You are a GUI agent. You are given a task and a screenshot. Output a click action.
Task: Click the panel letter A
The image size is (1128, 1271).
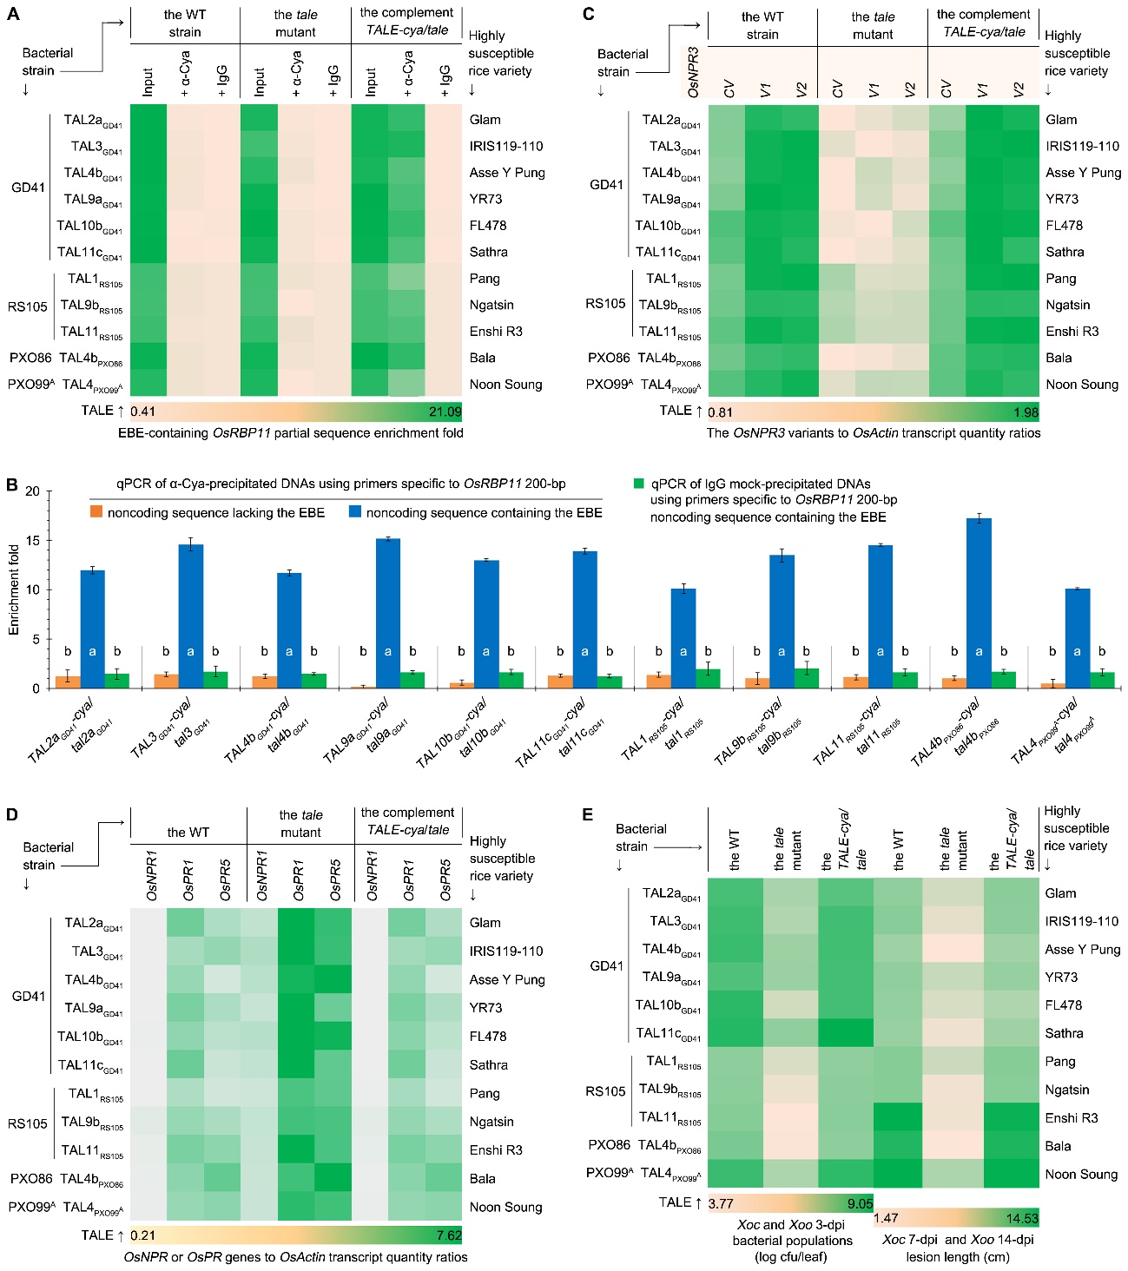click(x=13, y=14)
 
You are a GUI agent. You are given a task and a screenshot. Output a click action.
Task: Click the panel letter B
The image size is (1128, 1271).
click(x=12, y=484)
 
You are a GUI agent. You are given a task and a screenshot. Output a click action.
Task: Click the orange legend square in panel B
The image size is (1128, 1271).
click(x=96, y=513)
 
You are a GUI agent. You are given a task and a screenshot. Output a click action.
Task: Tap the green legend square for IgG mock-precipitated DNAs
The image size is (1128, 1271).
click(x=640, y=484)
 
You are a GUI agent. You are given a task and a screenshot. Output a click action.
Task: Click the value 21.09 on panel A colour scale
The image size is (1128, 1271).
click(x=445, y=412)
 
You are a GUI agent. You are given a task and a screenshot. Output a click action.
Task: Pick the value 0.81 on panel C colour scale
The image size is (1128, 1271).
click(x=721, y=412)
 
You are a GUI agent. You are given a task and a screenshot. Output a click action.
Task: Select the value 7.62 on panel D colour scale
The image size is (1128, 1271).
click(x=448, y=1235)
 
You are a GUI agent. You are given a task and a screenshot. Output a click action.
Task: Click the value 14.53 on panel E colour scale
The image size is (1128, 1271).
click(x=1022, y=1218)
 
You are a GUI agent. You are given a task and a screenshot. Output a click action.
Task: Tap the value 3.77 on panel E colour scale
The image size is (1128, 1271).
click(x=722, y=1203)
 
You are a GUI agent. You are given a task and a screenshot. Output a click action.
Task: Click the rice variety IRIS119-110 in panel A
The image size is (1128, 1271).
click(x=506, y=146)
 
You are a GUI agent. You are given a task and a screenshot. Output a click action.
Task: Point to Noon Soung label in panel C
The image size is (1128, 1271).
click(x=1082, y=384)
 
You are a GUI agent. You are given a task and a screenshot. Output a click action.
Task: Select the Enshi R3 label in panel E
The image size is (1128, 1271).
click(x=1072, y=1117)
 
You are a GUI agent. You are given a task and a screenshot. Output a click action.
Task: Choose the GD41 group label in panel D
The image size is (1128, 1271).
click(x=29, y=996)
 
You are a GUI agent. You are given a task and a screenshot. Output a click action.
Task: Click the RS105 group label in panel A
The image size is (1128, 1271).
click(x=28, y=306)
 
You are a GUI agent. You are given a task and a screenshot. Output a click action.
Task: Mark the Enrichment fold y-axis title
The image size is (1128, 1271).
click(x=14, y=589)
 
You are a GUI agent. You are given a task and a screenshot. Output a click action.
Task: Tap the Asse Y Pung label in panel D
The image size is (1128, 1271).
click(x=507, y=979)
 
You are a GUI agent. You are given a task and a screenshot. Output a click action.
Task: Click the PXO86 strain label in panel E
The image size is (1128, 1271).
click(x=608, y=1145)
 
